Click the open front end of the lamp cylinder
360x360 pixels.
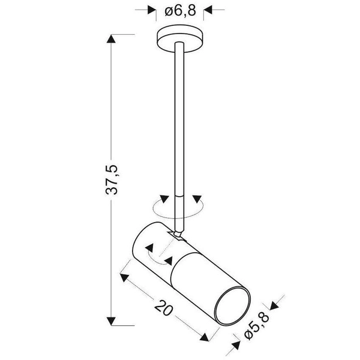coord(229,307)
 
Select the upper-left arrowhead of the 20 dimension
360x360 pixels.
coord(124,277)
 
